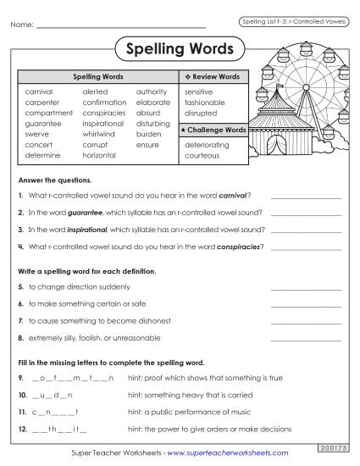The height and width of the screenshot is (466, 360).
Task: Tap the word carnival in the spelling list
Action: point(39,91)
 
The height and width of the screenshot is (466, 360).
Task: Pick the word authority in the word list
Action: point(152,91)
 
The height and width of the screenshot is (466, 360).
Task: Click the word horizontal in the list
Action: point(100,156)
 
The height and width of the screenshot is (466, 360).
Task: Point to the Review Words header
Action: point(212,76)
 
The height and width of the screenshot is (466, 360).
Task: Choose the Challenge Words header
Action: point(212,130)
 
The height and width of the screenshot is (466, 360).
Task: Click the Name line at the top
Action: point(122,26)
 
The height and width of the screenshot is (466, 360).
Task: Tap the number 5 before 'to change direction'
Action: point(20,287)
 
